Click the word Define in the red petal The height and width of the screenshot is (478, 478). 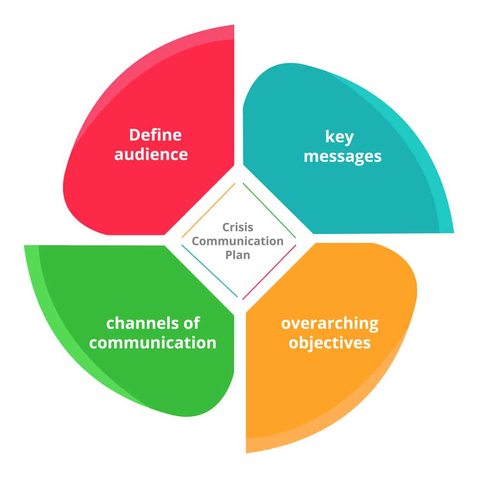[x=155, y=135]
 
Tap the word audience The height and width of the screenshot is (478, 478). [x=151, y=154]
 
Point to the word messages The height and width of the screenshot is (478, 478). [x=343, y=156]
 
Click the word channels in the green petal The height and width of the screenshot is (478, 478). [x=139, y=323]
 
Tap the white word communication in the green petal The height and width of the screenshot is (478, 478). [x=153, y=343]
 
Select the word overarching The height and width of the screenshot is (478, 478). [x=329, y=323]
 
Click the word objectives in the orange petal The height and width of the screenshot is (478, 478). [x=329, y=343]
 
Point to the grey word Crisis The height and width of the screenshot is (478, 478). [x=238, y=228]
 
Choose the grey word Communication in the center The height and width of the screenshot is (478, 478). [x=238, y=241]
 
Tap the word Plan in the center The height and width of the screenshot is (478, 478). [x=238, y=254]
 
